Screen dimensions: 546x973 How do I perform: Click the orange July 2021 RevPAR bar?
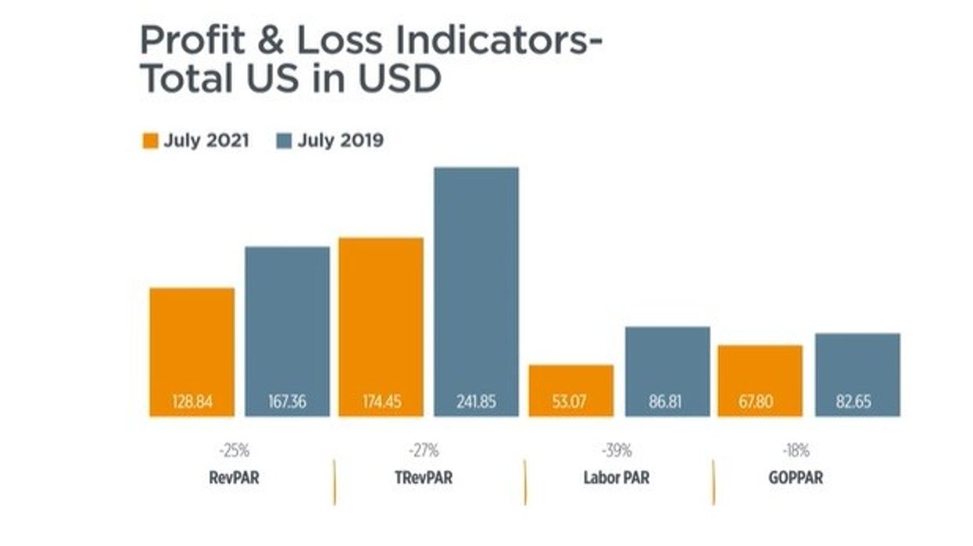[x=191, y=344]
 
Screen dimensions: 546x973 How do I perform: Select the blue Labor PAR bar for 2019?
[x=667, y=359]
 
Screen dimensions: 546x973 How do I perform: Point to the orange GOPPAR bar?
[x=760, y=371]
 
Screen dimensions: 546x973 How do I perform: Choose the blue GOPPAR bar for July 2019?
[x=857, y=363]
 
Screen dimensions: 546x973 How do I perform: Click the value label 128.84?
[x=191, y=404]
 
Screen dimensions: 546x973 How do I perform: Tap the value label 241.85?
[x=476, y=404]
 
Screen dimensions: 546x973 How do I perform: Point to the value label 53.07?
[x=571, y=404]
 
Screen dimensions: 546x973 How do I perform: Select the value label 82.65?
[x=857, y=404]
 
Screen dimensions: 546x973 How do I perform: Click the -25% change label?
[x=234, y=451]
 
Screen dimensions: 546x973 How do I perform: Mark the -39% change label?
[x=616, y=451]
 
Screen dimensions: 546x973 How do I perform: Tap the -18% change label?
[x=796, y=451]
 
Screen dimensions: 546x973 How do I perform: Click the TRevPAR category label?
[x=424, y=477]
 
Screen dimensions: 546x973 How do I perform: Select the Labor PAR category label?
[x=616, y=477]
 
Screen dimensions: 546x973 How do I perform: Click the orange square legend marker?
[x=150, y=141]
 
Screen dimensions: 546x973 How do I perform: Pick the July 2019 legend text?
[x=341, y=141]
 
